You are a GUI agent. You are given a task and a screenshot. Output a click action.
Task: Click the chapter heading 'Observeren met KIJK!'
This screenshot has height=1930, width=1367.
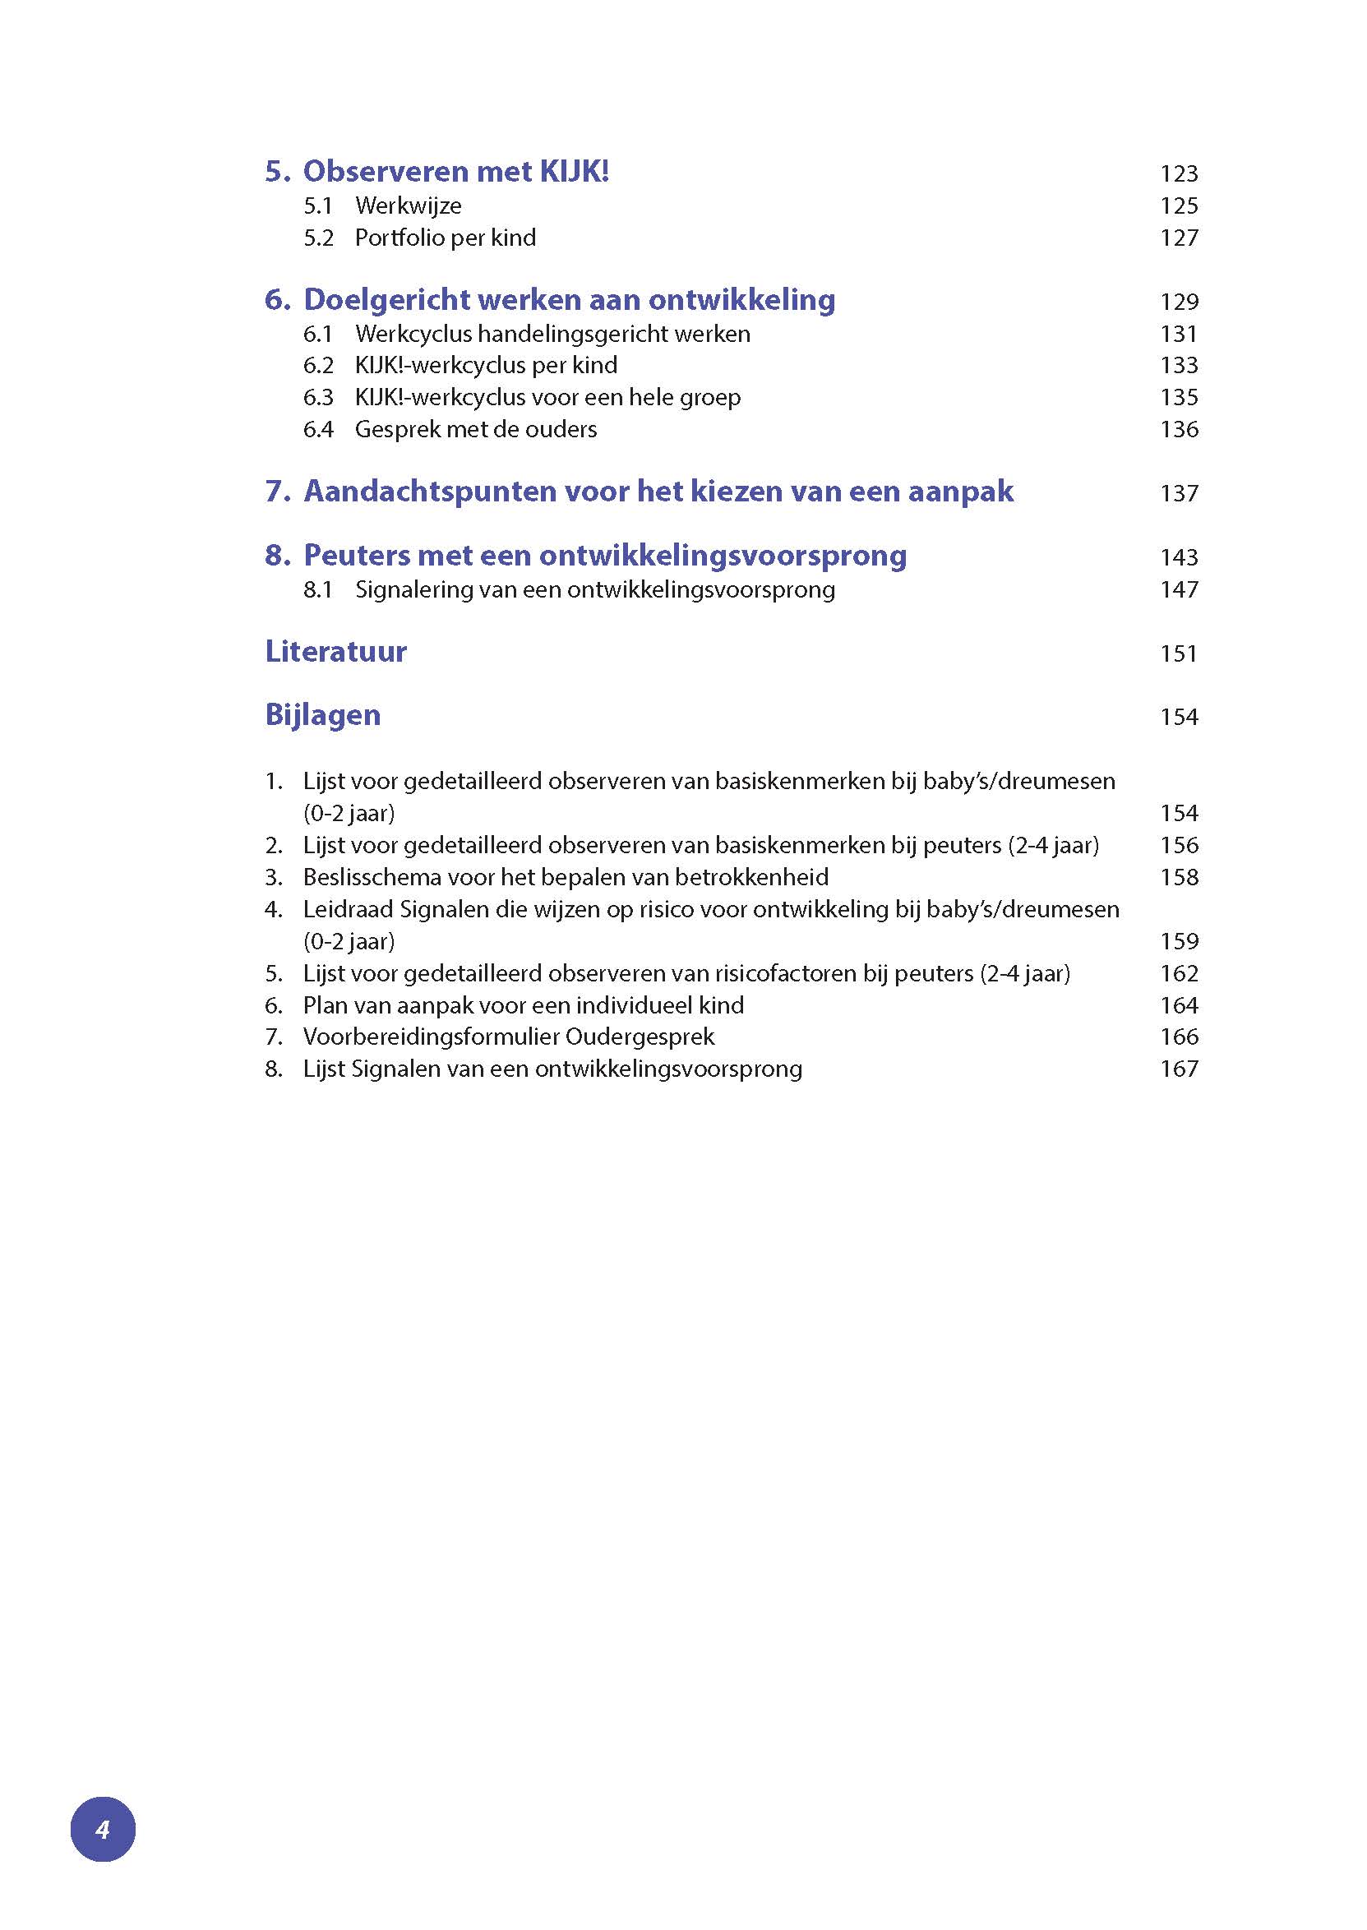[455, 172]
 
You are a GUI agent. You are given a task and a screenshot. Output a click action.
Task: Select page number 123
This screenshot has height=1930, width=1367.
[1179, 173]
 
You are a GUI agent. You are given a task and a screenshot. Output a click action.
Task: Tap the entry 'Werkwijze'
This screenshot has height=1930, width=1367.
[409, 205]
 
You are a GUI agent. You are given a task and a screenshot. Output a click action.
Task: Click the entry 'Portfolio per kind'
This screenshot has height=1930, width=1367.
[446, 238]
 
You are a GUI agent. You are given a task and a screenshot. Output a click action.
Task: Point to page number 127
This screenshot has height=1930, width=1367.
[1179, 238]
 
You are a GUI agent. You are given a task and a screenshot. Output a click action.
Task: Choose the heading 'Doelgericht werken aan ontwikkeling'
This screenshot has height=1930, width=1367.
[569, 300]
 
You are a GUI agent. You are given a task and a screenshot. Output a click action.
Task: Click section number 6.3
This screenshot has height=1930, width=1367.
[318, 397]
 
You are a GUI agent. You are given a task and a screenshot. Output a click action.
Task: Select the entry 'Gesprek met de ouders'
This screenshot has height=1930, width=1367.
[476, 429]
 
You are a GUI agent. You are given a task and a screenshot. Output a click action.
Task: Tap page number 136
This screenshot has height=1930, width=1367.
[1179, 429]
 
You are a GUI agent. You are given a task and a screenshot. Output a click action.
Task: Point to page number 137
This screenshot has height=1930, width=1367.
[1179, 493]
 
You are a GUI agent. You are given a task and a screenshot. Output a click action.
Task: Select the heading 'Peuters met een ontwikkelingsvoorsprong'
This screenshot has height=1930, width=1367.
[604, 556]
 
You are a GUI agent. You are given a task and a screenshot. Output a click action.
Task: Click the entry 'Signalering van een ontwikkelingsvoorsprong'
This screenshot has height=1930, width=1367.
[595, 589]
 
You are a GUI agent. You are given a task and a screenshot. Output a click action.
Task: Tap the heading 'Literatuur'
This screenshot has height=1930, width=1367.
[336, 652]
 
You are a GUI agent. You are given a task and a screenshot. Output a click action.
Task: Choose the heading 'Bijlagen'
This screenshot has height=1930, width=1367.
[322, 714]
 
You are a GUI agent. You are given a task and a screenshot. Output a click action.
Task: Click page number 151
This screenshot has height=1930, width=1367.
[1179, 653]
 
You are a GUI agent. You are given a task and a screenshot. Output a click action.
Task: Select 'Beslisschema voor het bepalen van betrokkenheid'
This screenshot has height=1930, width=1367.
[566, 877]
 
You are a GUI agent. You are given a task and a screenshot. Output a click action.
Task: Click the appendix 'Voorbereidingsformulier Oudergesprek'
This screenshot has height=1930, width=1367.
[509, 1037]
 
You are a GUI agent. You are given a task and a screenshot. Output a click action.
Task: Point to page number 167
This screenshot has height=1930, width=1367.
[1179, 1069]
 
